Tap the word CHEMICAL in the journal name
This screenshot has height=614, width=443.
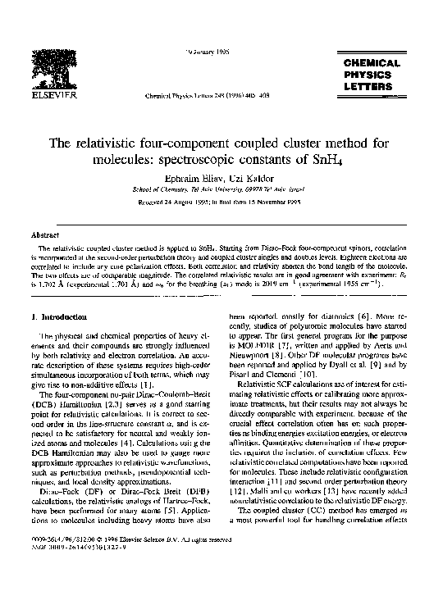[x=371, y=63]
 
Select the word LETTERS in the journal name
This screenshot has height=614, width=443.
[x=371, y=86]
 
